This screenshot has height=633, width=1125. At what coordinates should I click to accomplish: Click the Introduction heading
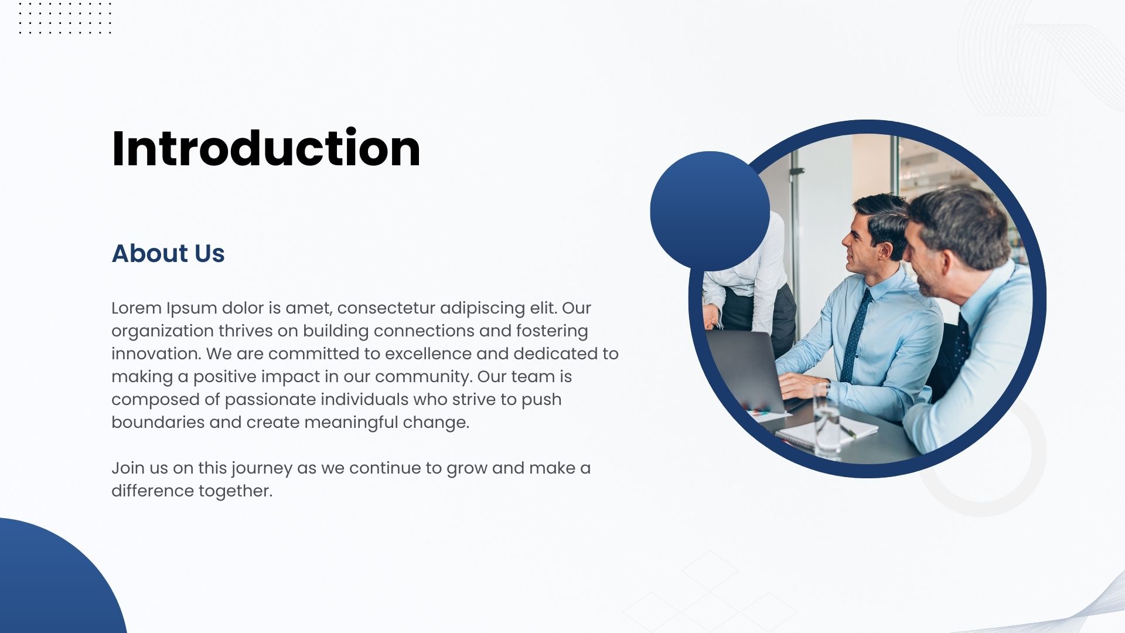266,148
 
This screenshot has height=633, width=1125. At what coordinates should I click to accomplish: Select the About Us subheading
168,253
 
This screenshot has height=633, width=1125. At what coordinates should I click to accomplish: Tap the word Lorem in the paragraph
137,308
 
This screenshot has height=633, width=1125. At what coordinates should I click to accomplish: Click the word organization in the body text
162,331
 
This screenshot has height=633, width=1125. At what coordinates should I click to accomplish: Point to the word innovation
156,353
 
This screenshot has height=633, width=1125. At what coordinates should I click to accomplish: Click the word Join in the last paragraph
127,468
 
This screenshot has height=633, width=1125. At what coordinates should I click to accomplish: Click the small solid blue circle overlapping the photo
710,211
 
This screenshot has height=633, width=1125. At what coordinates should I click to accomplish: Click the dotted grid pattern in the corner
64,18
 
